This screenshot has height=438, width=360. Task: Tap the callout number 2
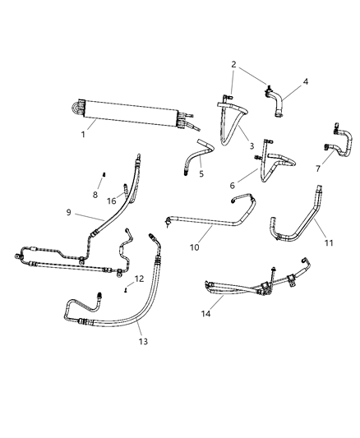pyautogui.click(x=234, y=64)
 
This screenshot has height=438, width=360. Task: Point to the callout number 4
pyautogui.click(x=305, y=81)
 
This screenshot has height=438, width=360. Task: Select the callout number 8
pyautogui.click(x=95, y=195)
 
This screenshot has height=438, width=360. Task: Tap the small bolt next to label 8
pyautogui.click(x=105, y=173)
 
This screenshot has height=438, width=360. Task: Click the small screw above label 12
pyautogui.click(x=125, y=290)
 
